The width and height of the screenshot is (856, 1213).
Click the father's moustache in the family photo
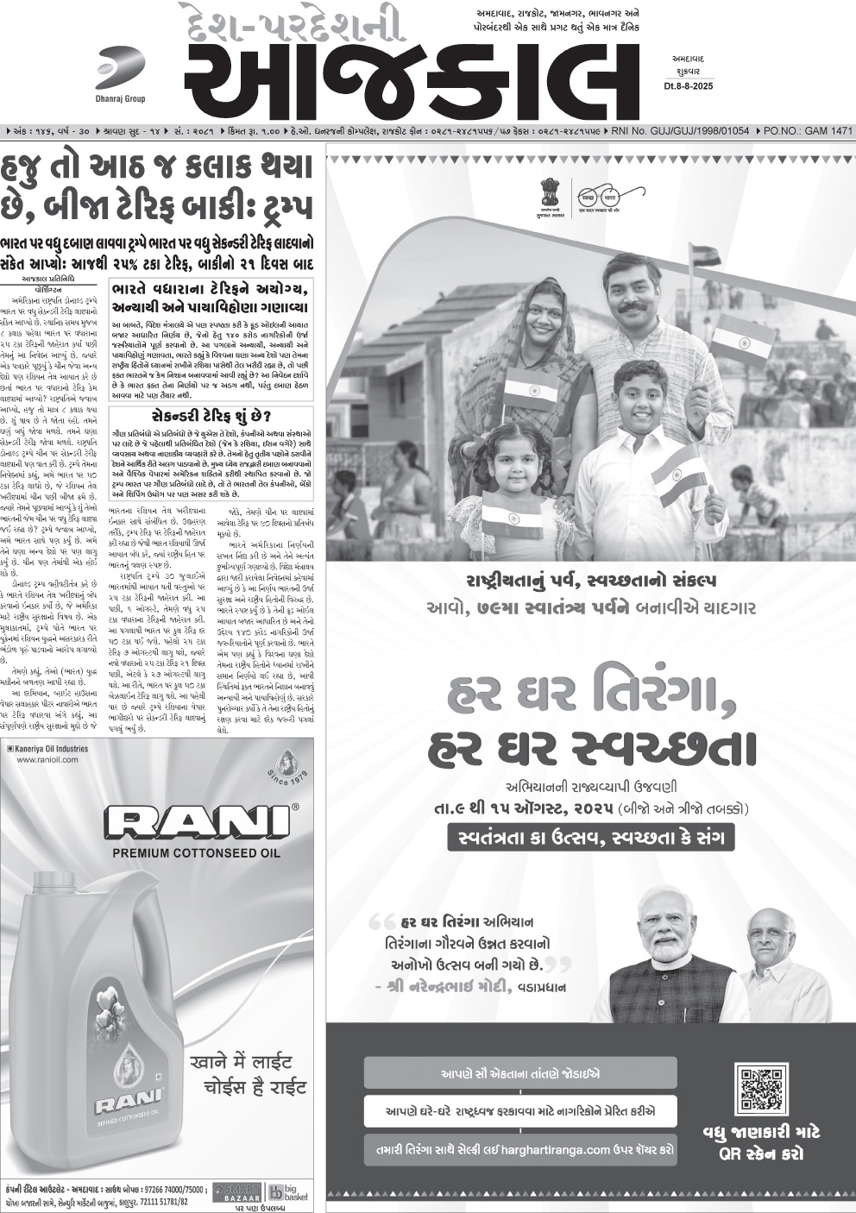point(634,307)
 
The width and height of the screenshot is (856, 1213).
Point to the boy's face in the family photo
point(639,397)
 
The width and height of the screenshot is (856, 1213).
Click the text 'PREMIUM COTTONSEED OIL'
point(197,853)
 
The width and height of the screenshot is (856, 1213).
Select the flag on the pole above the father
point(705,255)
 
